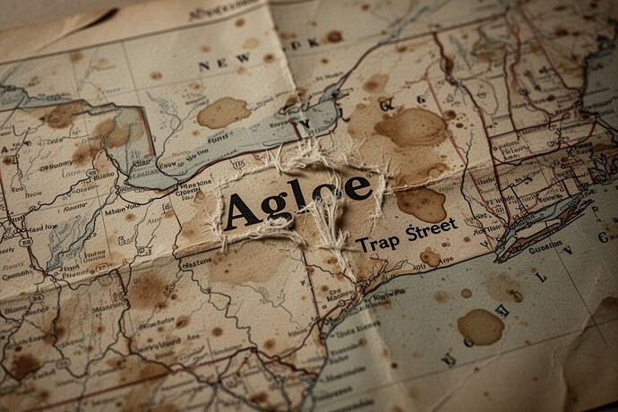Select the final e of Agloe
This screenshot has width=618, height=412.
point(356,188)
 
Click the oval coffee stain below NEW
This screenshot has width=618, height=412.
point(223,112)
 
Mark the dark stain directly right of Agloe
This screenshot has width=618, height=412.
point(421,204)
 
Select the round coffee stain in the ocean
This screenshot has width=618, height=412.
point(481,327)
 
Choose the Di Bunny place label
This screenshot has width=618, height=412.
point(56,165)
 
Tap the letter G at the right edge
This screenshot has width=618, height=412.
point(601,236)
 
